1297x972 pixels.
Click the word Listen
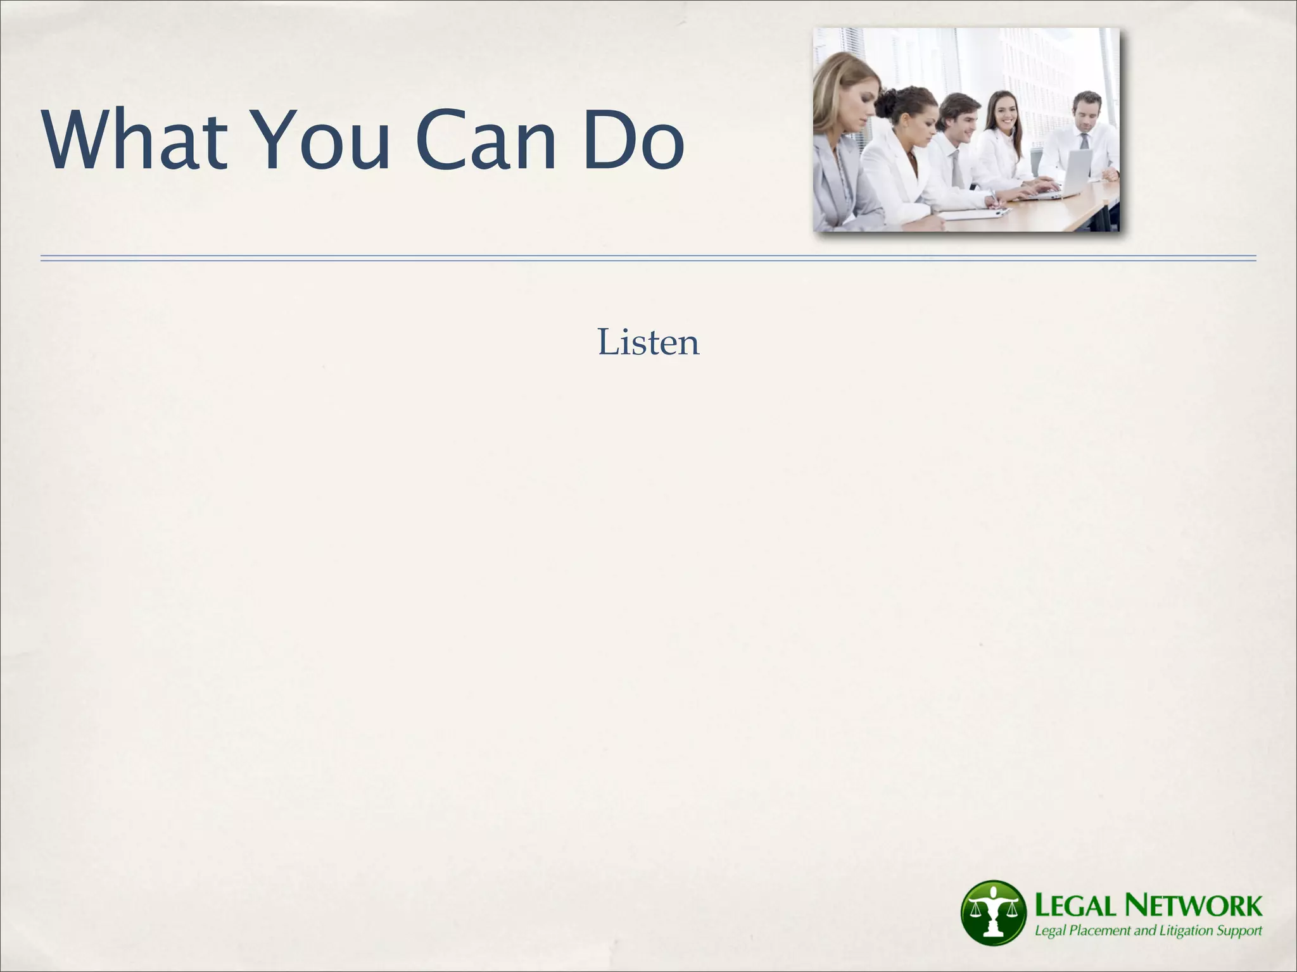pos(648,342)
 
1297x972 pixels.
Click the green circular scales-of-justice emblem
pos(992,911)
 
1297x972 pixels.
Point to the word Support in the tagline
pos(1237,930)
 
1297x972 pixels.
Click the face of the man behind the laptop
pos(1085,115)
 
